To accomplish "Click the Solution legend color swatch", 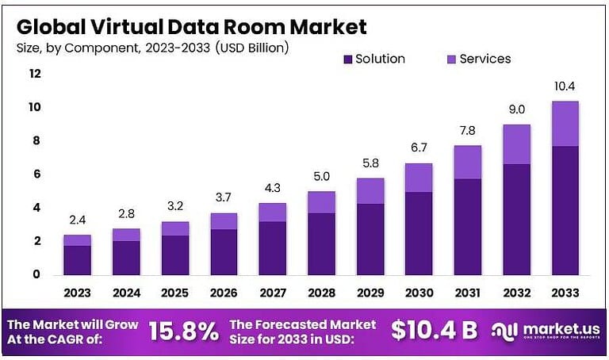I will pos(348,59).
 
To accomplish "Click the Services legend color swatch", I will pos(453,59).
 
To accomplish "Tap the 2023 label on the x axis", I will pos(77,293).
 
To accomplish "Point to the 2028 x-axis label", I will pos(321,293).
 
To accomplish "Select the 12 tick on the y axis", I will pos(34,74).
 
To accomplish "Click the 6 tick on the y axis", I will pos(36,174).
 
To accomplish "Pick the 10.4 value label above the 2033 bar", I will pos(565,86).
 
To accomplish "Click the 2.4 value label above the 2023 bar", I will pos(77,220).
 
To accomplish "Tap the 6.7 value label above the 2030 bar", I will pos(419,148).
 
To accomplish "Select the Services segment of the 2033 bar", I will pos(565,124).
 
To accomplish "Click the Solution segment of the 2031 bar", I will pos(468,227).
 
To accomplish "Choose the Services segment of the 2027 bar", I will pos(272,212).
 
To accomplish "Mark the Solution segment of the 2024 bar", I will pos(126,258).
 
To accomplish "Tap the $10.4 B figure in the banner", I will pos(435,331).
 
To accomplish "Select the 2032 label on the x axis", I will pos(516,293).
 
